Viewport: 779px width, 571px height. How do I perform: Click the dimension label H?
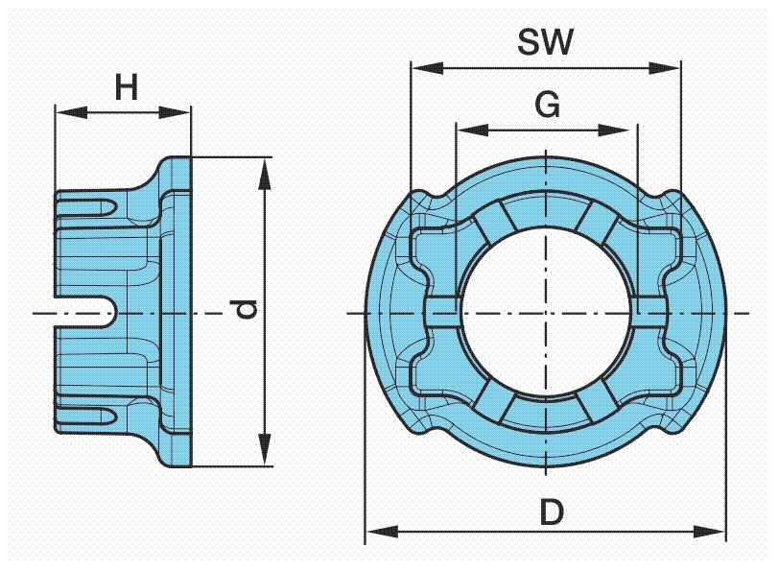[x=126, y=89]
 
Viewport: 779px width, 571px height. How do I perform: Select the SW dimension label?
[x=545, y=43]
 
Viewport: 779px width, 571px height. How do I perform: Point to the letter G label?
[x=547, y=107]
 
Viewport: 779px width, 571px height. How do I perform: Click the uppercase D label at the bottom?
[x=550, y=512]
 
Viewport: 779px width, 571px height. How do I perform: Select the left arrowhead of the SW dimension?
[x=421, y=68]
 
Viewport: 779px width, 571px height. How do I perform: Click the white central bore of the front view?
[x=545, y=313]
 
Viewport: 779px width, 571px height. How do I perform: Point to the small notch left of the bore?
[x=440, y=313]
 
